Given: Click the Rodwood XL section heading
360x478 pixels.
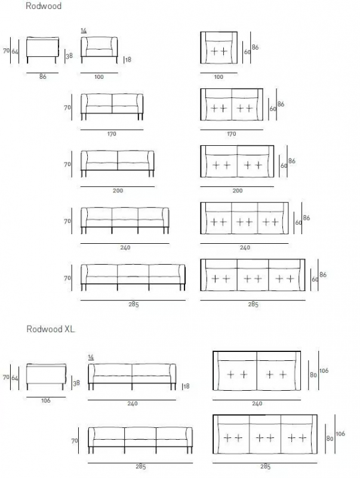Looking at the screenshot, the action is (51, 329).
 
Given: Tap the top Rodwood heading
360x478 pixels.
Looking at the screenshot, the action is (44, 6).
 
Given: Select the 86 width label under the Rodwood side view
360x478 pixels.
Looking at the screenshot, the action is (42, 76).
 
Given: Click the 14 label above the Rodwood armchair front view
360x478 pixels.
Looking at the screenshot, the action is (84, 30).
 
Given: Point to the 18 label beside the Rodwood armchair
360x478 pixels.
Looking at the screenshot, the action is (128, 59).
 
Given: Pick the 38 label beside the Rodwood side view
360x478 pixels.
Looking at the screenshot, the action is (69, 56).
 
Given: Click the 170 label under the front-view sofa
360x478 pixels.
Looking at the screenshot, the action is (112, 133).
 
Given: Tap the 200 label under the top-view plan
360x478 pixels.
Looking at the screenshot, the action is (238, 191).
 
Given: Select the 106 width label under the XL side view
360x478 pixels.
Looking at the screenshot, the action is (46, 400).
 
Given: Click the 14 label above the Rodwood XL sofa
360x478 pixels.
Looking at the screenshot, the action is (91, 357).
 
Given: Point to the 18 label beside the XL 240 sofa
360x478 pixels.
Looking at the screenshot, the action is (186, 386).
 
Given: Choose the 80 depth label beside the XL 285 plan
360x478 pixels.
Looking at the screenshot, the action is (330, 439).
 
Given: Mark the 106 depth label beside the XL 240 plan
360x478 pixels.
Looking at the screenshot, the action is (324, 370).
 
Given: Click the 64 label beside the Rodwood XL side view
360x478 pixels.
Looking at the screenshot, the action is (15, 378).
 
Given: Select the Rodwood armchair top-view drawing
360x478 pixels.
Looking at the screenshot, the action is (219, 48).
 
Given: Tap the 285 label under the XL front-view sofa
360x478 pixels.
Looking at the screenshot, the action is (140, 467).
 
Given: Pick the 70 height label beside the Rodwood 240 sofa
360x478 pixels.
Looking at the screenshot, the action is (67, 221).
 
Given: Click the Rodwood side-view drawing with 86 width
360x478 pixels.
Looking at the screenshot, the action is (42, 50).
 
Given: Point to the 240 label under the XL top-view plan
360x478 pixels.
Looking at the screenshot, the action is (257, 403).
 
